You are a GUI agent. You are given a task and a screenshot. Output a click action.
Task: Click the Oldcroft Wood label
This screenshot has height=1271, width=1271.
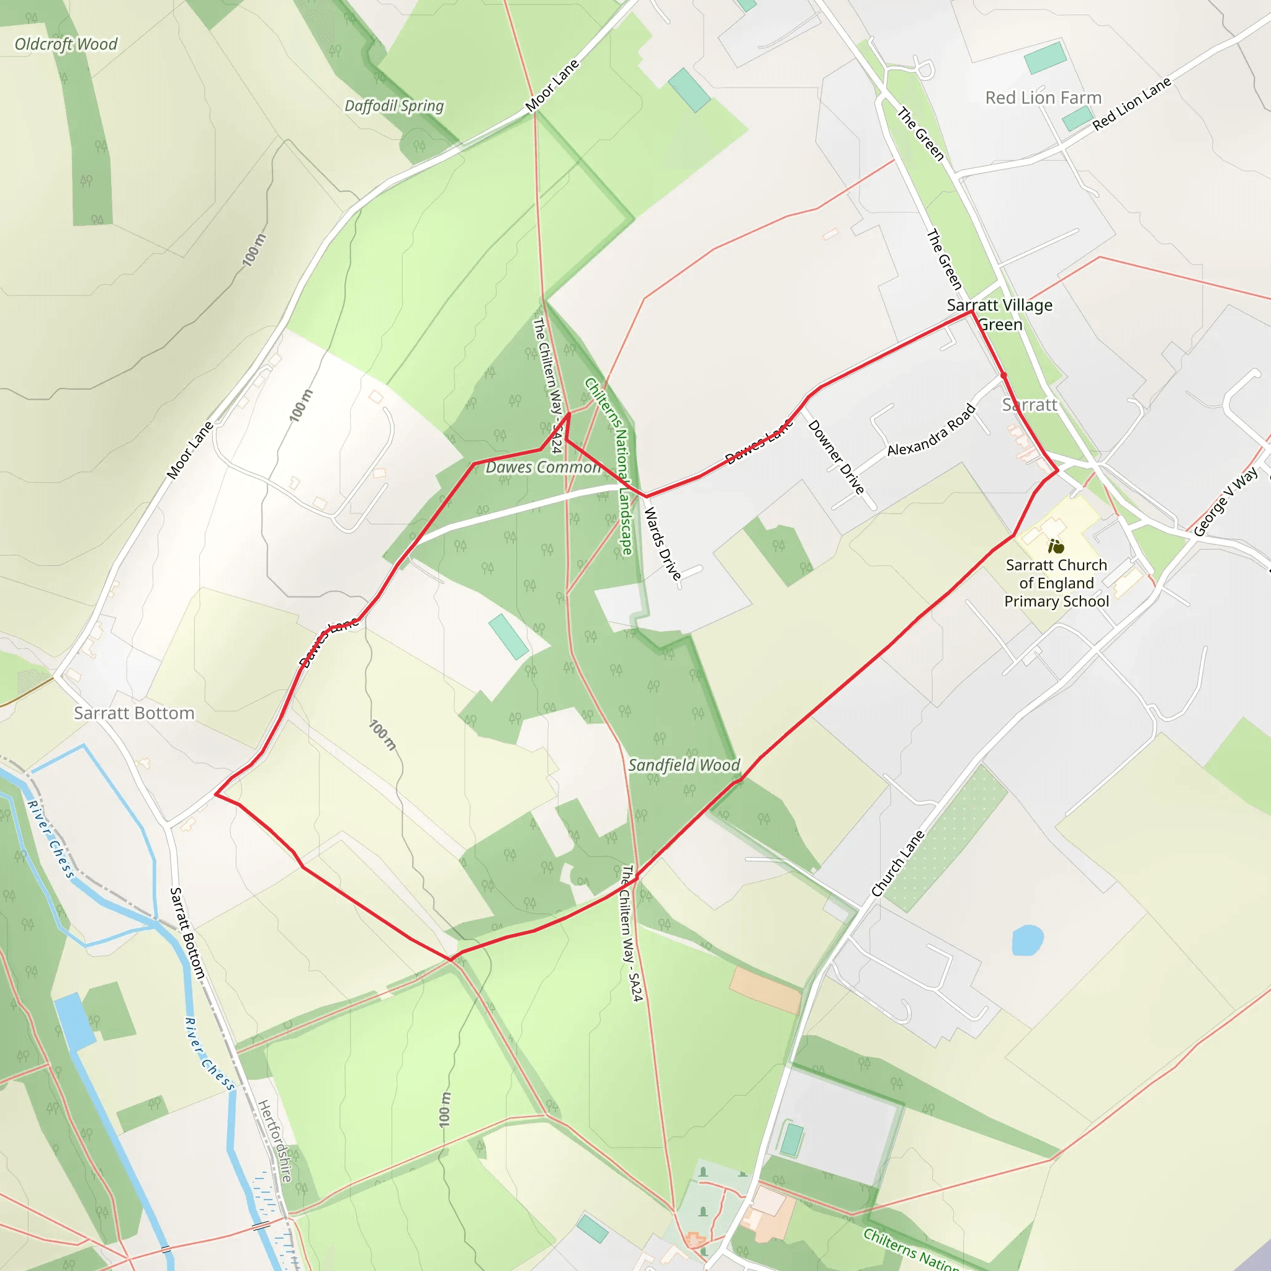[66, 45]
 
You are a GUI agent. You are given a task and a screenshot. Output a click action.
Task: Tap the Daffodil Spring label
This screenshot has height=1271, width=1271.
[394, 106]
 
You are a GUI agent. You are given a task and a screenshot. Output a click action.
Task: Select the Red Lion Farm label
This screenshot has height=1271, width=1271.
[1043, 98]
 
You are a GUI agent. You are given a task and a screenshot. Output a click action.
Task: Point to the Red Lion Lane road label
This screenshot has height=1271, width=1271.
[1131, 104]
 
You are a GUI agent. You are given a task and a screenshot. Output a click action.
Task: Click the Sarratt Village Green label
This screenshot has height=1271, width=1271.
[999, 315]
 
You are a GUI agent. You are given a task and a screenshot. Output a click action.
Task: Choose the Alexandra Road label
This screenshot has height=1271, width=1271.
[931, 430]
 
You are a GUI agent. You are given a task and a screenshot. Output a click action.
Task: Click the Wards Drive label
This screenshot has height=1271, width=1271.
[662, 544]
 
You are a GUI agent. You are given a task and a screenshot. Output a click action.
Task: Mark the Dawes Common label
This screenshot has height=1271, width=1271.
[543, 467]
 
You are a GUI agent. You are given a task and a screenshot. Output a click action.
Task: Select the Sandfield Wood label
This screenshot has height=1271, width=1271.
[683, 765]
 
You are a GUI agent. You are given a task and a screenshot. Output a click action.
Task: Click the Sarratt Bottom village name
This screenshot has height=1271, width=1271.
[133, 713]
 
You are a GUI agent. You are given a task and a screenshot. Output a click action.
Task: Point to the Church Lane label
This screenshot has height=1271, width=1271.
[897, 864]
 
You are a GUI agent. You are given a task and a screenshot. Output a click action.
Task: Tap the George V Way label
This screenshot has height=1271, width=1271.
[1225, 502]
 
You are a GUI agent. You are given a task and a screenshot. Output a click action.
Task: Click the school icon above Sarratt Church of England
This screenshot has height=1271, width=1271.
[1056, 546]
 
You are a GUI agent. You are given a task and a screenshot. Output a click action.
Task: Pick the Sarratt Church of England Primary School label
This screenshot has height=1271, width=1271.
[1056, 583]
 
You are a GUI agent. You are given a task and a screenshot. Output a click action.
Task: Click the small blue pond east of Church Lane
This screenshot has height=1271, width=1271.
[1027, 940]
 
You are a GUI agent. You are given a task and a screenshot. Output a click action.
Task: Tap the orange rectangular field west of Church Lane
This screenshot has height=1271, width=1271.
[766, 990]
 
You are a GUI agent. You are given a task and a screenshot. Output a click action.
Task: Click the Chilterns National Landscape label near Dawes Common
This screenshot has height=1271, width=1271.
[609, 467]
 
